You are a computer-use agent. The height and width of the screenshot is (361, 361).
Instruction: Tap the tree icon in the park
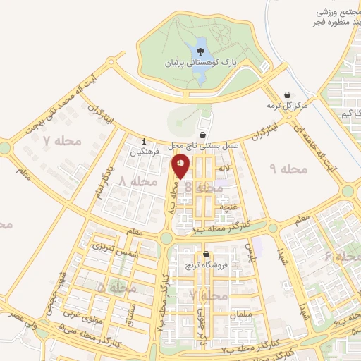(200, 51)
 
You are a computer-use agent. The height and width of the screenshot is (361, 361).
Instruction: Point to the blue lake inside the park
(199, 71)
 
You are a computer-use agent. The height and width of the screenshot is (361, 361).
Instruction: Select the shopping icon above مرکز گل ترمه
(287, 94)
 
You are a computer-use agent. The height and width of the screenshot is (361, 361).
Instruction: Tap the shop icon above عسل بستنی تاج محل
(203, 135)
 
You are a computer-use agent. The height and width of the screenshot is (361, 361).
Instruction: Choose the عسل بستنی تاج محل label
(202, 145)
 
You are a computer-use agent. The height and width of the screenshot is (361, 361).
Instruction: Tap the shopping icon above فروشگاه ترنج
(206, 255)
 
